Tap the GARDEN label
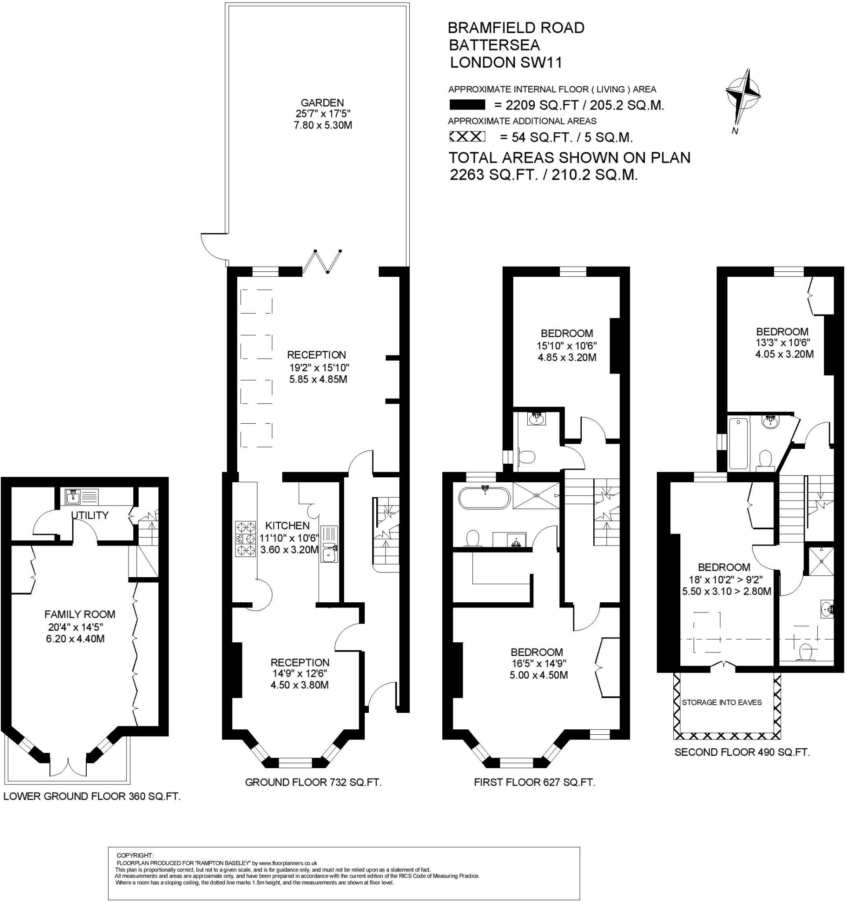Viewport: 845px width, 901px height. pos(322,103)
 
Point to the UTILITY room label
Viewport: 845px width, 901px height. pos(90,515)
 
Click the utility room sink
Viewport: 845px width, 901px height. pos(73,496)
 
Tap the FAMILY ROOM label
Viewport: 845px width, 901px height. pos(80,615)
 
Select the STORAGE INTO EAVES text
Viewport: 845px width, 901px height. pos(722,703)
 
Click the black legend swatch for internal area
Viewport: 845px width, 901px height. pos(467,105)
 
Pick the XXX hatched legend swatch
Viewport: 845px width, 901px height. pos(467,136)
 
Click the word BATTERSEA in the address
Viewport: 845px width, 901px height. pos(494,45)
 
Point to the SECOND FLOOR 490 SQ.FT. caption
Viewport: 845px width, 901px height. pos(742,752)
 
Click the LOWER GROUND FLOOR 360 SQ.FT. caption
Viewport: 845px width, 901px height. pos(92,796)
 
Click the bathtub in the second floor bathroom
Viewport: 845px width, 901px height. pos(738,444)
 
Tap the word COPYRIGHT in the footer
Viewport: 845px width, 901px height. pos(135,855)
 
